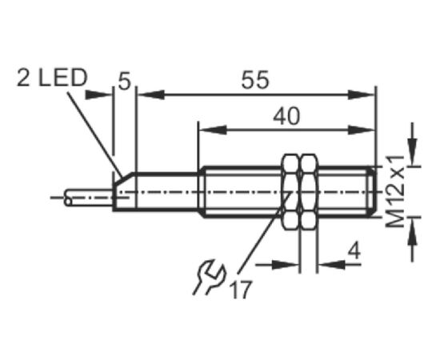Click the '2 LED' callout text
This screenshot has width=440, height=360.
tap(52, 78)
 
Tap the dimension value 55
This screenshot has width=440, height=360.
tap(254, 80)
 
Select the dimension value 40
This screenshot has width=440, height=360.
tap(286, 116)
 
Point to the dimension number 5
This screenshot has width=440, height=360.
tap(124, 82)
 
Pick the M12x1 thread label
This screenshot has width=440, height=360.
tap(396, 190)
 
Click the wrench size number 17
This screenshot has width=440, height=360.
tap(240, 290)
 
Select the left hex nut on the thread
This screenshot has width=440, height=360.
tap(290, 192)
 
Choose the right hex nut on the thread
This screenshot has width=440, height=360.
tap(309, 192)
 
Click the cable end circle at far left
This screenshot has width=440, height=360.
tap(68, 202)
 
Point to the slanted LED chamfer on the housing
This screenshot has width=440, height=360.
tap(124, 178)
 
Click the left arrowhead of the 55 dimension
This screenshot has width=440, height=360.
tap(151, 95)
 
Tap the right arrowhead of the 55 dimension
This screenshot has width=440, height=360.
tap(361, 95)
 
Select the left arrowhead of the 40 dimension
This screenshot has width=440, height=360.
tap(213, 130)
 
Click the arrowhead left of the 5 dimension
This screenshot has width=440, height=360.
tap(98, 95)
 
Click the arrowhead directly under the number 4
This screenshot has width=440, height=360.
tap(332, 264)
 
